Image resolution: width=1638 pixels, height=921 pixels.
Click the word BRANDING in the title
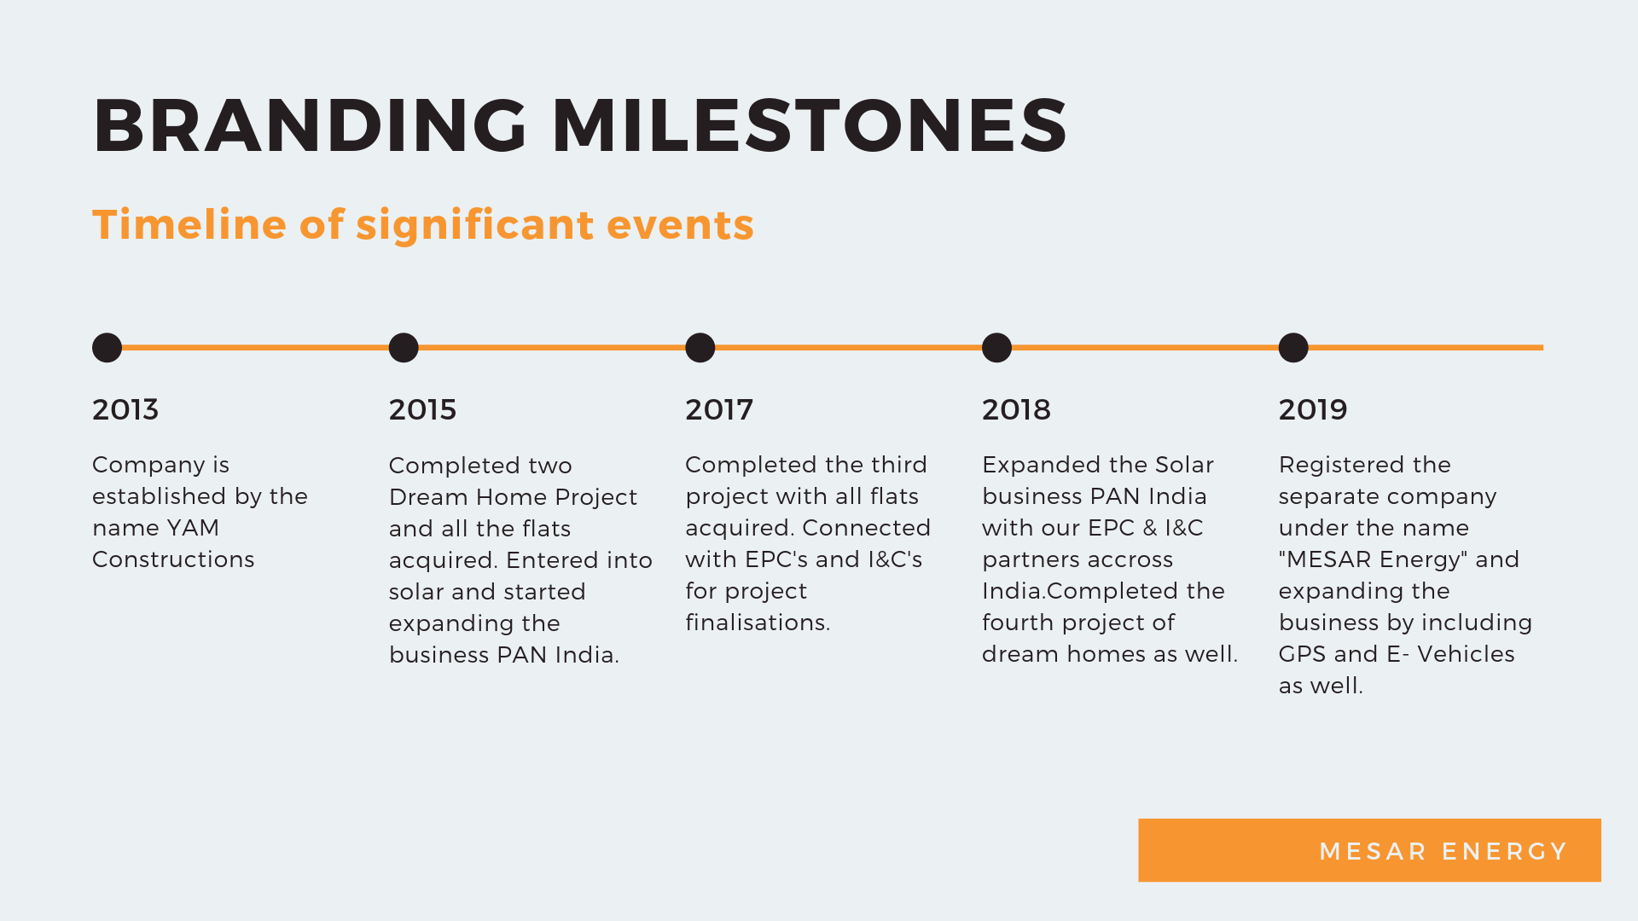[311, 125]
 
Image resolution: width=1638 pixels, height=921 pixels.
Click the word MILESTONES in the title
[810, 125]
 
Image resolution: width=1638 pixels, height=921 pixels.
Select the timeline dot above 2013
[107, 348]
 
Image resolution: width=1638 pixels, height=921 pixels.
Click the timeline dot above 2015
[404, 348]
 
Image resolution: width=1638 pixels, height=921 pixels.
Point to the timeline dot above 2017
[700, 348]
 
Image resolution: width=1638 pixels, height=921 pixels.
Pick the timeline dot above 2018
[996, 348]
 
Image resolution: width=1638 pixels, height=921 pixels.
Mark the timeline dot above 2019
[1293, 348]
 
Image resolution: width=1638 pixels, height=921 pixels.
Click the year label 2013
[125, 409]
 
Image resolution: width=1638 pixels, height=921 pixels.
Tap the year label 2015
[422, 409]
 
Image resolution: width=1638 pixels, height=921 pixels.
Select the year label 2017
[719, 409]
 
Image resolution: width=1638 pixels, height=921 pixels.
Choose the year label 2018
[1016, 409]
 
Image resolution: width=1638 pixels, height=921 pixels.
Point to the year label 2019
[1313, 409]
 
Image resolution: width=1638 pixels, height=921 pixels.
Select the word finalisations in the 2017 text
[758, 623]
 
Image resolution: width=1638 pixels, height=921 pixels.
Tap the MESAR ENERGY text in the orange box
[1443, 851]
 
